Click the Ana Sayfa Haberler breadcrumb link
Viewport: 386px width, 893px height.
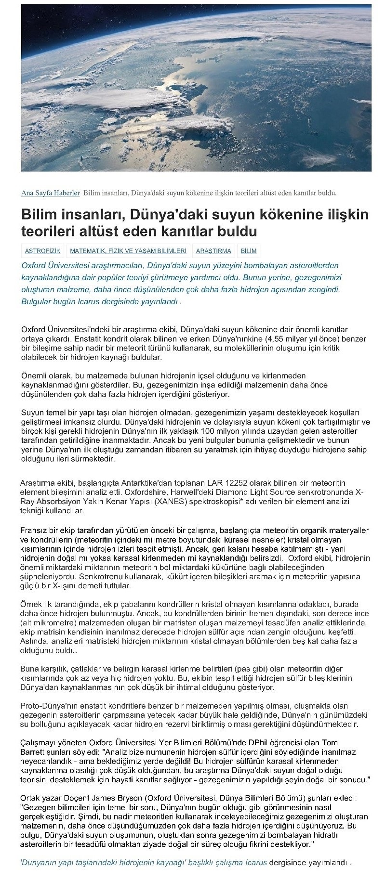(x=51, y=193)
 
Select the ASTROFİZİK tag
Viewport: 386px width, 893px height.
(x=42, y=251)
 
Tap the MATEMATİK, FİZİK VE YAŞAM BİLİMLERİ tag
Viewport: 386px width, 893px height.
(x=128, y=251)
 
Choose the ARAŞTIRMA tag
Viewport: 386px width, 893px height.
(x=213, y=251)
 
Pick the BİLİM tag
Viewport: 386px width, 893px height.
(x=248, y=251)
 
